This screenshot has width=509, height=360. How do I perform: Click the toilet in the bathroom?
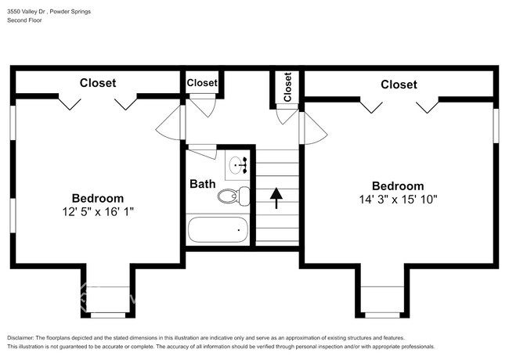233,196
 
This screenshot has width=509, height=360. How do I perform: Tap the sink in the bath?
238,165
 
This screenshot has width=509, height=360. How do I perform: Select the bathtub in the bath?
218,229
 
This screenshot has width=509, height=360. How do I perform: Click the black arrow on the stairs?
276,198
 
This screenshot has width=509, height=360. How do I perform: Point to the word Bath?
203,184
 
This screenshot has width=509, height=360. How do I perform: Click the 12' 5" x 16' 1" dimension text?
98,212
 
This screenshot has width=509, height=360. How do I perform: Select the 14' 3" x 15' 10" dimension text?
398,199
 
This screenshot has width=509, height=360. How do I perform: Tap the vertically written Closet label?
287,87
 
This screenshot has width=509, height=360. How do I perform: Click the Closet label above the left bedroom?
98,83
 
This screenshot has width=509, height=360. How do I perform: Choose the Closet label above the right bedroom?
399,85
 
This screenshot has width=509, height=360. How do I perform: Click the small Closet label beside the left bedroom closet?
202,83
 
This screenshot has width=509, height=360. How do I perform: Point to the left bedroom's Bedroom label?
98,198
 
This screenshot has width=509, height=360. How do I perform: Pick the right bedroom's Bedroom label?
398,185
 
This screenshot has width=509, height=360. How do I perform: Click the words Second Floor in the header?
25,20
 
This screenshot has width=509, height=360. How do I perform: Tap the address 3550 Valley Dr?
26,12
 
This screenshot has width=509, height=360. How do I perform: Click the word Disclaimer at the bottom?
20,337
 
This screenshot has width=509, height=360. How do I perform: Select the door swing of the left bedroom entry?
168,123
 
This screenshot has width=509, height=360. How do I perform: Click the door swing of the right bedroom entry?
315,128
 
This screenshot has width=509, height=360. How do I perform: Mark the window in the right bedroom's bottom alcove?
382,315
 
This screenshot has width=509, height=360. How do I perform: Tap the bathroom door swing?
203,152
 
